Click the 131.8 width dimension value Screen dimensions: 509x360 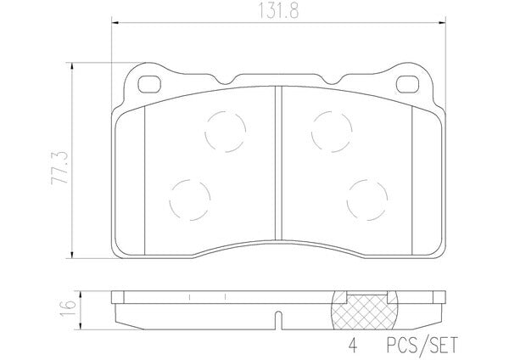[x=278, y=11]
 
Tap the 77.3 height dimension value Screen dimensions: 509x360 [x=59, y=167]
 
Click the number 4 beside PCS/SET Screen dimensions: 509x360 [x=353, y=346]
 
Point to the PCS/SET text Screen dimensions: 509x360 [x=422, y=345]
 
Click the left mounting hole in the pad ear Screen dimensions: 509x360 [x=149, y=84]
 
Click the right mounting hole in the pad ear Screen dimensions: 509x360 [x=407, y=84]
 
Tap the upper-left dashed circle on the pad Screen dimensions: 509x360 [x=226, y=132]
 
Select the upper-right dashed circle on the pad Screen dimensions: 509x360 [x=332, y=132]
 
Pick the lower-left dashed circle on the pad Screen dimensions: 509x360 [x=190, y=200]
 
